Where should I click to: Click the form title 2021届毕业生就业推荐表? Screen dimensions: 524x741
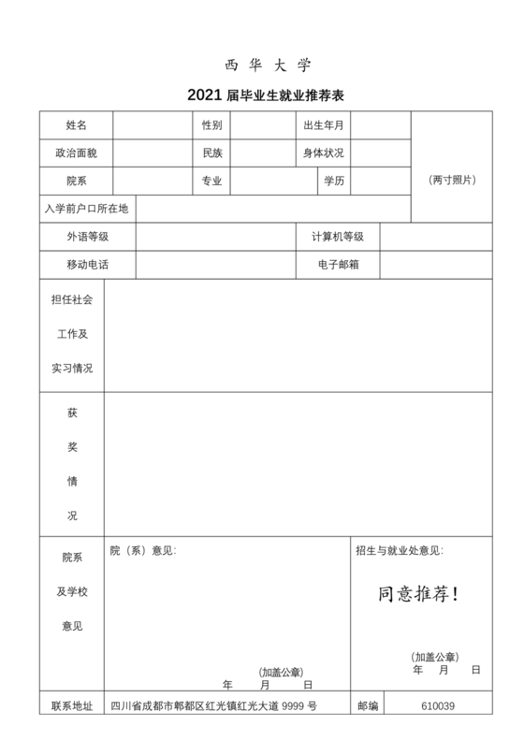267,95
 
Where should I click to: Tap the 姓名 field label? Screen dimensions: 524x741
77,124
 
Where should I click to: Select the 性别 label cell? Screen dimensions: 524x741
211,124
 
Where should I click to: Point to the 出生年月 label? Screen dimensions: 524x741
323,124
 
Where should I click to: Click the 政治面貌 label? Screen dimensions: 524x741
77,153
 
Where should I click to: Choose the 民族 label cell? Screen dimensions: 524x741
211,153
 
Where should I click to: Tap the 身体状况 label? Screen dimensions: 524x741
323,153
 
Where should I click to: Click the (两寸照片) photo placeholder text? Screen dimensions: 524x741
452,180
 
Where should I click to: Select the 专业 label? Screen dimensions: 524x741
211,181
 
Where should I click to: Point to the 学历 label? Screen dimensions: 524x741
333,181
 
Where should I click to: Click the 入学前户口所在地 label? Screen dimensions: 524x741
86,208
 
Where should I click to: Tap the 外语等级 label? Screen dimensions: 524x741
87,237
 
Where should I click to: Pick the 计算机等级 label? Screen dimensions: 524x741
337,237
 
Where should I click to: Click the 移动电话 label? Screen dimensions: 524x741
87,265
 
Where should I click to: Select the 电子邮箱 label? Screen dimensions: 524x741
337,265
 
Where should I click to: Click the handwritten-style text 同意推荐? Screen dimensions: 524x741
418,594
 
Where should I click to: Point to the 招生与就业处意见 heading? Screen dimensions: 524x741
400,550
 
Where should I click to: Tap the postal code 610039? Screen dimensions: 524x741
438,706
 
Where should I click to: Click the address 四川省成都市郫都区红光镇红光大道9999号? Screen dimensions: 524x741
214,706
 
